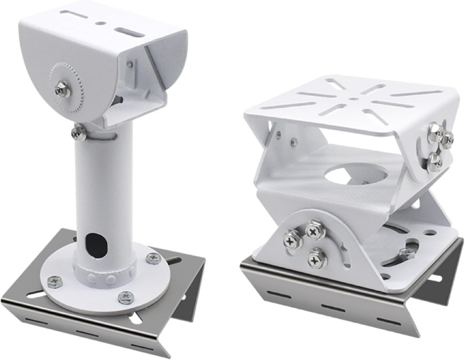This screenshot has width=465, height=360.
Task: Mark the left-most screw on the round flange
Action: [x=51, y=281]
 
